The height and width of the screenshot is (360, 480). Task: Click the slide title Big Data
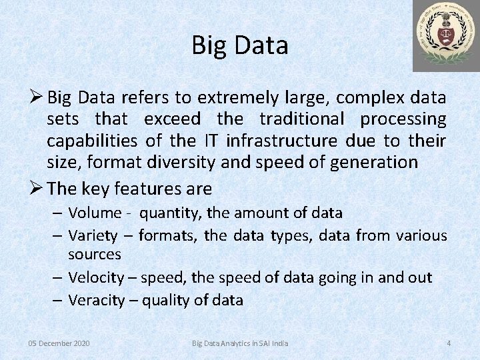click(240, 45)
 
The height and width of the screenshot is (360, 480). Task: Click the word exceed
click(172, 120)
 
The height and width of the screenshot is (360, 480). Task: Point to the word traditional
click(304, 120)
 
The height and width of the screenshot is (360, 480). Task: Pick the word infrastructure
click(281, 141)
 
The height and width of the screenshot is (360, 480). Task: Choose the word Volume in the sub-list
click(94, 213)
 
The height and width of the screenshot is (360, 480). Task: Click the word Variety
click(93, 235)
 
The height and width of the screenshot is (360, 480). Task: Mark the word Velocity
click(96, 277)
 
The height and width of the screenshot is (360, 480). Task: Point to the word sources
click(95, 254)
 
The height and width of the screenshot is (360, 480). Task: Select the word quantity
click(171, 214)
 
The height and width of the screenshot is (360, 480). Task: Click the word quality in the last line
click(170, 300)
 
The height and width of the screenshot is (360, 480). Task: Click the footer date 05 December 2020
click(59, 343)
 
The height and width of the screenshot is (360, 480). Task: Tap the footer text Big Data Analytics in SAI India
click(240, 343)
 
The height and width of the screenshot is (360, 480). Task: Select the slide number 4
click(449, 343)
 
